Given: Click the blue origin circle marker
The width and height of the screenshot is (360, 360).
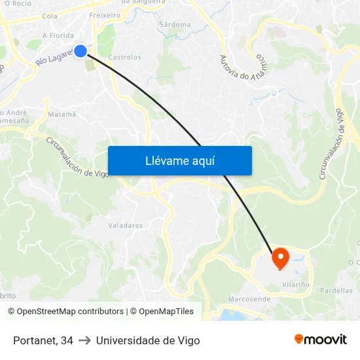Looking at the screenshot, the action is point(81,50).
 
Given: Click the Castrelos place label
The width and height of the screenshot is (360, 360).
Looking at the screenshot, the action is point(124,58).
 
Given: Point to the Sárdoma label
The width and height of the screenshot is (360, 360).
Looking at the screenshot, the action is point(175,25).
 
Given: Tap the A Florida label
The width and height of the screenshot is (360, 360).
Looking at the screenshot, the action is point(57,36).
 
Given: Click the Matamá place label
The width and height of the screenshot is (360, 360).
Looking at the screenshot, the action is point(62,115).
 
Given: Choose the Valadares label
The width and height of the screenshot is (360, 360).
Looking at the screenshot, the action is point(125,226).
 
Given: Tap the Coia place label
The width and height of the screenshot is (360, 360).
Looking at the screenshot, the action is point(49,16).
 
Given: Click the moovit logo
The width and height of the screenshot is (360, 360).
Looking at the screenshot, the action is point(320,339).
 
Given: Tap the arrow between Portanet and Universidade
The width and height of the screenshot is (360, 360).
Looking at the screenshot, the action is point(84,340).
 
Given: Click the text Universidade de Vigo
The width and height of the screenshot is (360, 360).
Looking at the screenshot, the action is point(148,340).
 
